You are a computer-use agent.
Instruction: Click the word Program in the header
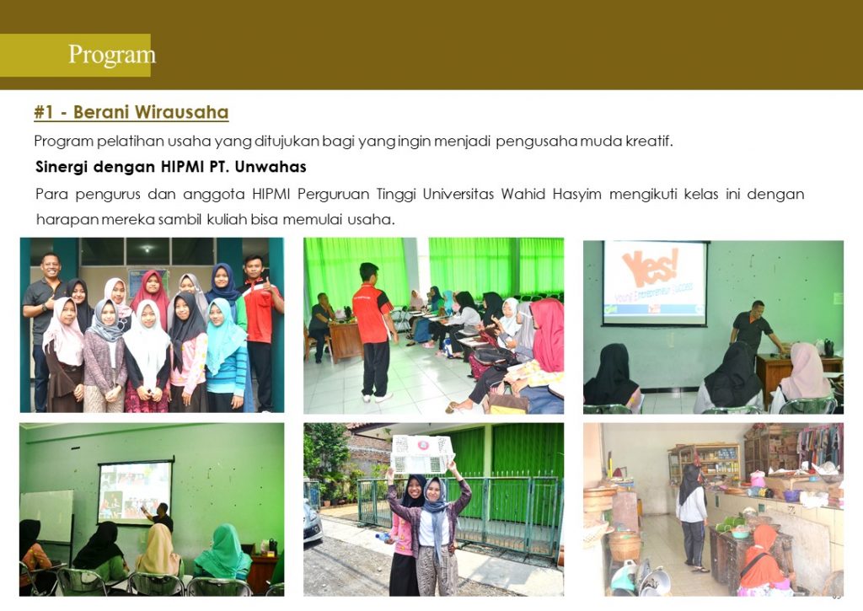click(x=112, y=55)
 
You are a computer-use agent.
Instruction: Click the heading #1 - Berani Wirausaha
click(x=131, y=112)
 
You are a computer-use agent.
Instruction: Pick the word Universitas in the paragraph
click(x=458, y=195)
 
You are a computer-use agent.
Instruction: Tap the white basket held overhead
click(x=423, y=453)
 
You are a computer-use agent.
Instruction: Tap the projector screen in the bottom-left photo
click(x=134, y=492)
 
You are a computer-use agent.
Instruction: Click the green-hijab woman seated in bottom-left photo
click(x=223, y=552)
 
